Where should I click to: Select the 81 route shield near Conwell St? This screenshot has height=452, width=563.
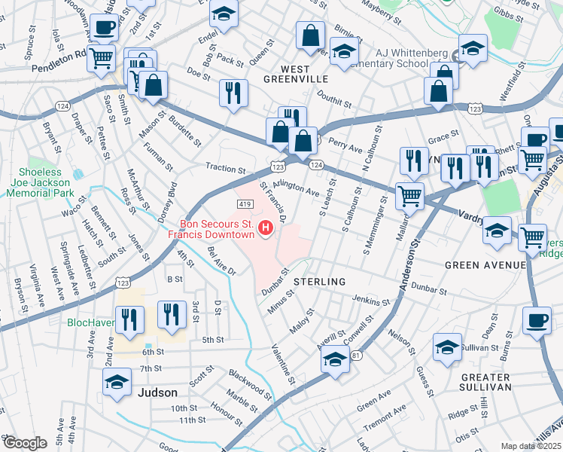coord(357,354)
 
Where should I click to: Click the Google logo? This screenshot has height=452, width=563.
coord(24,443)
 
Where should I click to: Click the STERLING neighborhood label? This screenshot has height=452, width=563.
coord(319,281)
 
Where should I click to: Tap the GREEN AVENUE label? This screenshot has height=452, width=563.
coord(485,265)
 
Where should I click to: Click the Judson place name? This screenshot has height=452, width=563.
coord(158,392)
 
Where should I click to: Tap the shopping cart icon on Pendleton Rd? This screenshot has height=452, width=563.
coord(100,57)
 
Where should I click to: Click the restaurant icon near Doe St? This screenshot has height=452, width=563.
coord(233,93)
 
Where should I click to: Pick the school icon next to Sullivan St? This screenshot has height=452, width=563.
coord(448,348)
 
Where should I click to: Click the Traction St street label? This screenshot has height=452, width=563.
coord(225,170)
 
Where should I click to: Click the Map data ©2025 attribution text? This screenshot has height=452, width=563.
coord(531,446)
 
